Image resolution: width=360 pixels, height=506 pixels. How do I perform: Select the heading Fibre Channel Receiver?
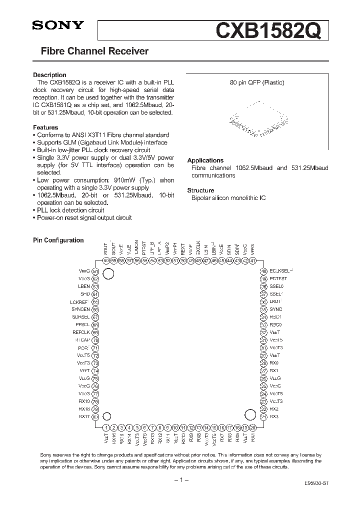(94, 51)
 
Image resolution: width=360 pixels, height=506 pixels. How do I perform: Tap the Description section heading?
(49, 75)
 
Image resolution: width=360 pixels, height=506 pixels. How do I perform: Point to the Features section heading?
(45, 127)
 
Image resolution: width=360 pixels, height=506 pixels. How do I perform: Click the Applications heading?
(204, 160)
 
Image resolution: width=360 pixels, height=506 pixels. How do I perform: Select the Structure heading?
(200, 190)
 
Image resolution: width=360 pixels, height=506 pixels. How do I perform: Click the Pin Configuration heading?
(58, 240)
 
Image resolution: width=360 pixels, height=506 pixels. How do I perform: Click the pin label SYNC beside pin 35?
(275, 309)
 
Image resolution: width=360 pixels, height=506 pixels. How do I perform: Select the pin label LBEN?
(83, 286)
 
